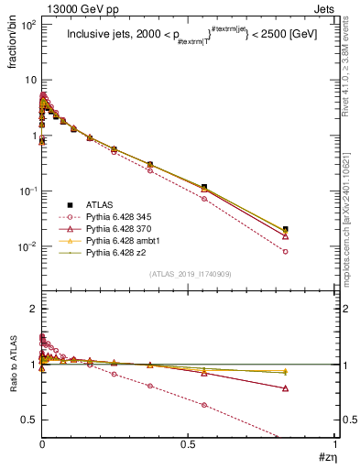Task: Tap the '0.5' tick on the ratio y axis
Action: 29,420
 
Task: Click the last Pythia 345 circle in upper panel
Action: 286,251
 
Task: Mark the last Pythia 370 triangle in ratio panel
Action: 286,388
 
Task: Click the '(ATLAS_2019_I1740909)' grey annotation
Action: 189,275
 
